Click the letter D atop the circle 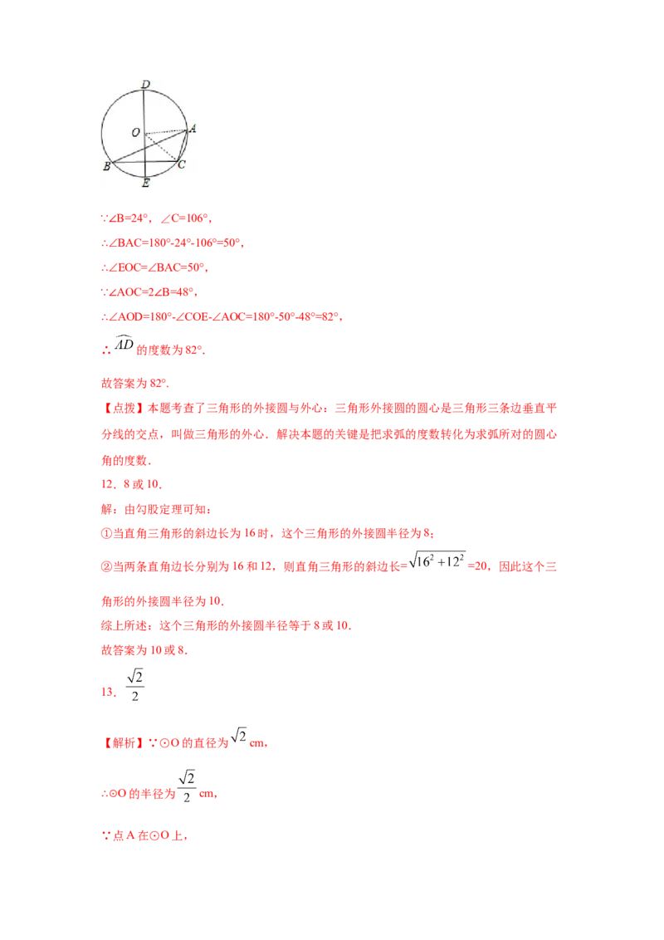145,85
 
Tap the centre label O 134,133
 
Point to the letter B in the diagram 106,167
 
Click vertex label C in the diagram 182,164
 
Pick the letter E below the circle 146,182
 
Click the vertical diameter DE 145,108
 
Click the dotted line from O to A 166,131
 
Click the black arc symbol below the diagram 123,341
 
